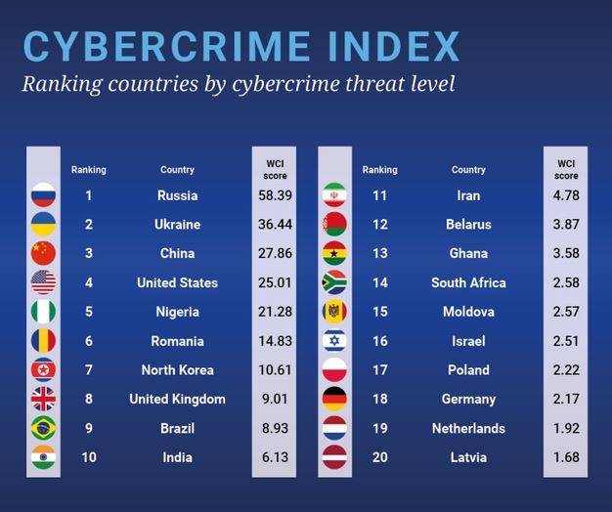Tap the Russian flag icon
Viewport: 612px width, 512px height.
[43, 195]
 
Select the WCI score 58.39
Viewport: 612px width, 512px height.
[274, 195]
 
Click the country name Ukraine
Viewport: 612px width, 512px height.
[177, 225]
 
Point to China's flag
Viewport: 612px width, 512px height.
[43, 253]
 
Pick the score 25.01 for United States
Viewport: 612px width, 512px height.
[274, 282]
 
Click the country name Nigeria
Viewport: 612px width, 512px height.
[177, 312]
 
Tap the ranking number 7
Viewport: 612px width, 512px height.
[88, 370]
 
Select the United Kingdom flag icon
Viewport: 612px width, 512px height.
[43, 399]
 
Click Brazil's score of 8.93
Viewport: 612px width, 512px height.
[274, 428]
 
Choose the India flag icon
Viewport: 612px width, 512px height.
[43, 457]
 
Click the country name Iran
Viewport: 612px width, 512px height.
[468, 195]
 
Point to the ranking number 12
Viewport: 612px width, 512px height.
[379, 225]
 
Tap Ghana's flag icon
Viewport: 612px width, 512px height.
[334, 253]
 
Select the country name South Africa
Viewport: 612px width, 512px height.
[468, 282]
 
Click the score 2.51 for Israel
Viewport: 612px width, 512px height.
[566, 341]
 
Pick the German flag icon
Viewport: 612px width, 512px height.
[334, 399]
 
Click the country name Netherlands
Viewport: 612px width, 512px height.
[468, 428]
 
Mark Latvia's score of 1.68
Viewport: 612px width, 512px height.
[566, 457]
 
